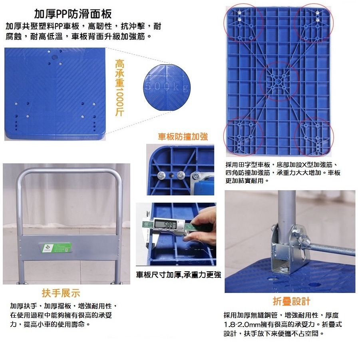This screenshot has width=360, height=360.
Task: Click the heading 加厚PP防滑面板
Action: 73,14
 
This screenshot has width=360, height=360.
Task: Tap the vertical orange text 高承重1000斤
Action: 119,88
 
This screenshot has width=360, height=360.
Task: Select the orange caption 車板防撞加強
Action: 183,137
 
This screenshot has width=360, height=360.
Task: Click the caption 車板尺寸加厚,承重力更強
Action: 178,275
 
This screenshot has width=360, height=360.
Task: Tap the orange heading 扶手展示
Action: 61,293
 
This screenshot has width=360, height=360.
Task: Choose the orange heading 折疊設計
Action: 291,301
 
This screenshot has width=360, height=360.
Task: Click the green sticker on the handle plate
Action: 56,248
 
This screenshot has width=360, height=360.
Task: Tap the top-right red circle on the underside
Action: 314,23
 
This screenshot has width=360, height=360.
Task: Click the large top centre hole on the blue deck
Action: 54,57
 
